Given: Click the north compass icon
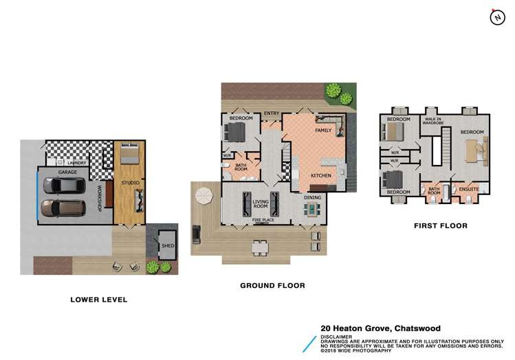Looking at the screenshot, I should click(x=496, y=17).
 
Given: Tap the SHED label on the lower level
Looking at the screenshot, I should click(x=167, y=245).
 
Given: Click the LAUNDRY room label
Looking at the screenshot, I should click(x=77, y=163).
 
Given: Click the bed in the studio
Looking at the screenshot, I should click(x=128, y=154).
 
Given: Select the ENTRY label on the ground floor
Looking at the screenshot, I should click(x=271, y=113).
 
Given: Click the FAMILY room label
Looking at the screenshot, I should click(x=323, y=130).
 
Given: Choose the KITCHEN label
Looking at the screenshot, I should click(x=321, y=176).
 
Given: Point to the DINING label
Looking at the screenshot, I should click(x=314, y=198).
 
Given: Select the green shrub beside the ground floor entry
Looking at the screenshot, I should click(x=333, y=90).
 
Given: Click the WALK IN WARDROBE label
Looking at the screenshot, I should click(x=432, y=121).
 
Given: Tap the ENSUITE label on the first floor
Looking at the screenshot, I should click(x=469, y=188).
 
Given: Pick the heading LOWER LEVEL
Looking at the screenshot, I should click(x=99, y=300).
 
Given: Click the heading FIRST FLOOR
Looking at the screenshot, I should click(x=441, y=225).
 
